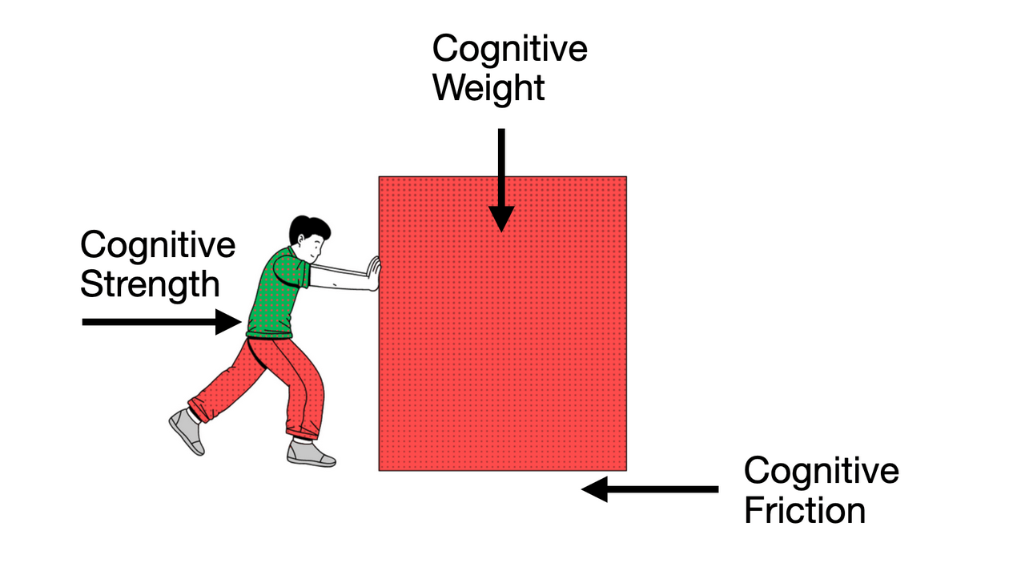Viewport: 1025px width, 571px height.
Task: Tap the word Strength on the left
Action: [150, 283]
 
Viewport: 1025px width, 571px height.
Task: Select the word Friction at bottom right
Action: [804, 510]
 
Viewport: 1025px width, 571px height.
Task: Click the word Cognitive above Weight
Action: [509, 49]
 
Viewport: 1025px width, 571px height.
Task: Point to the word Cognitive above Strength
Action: [158, 245]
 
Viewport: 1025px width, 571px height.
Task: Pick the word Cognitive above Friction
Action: [821, 471]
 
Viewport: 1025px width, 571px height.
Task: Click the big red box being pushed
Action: [502, 336]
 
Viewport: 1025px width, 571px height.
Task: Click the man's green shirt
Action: [277, 292]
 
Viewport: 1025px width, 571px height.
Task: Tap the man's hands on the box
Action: [372, 272]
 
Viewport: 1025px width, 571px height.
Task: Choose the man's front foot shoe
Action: [311, 453]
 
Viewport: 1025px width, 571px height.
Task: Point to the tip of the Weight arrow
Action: [501, 230]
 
